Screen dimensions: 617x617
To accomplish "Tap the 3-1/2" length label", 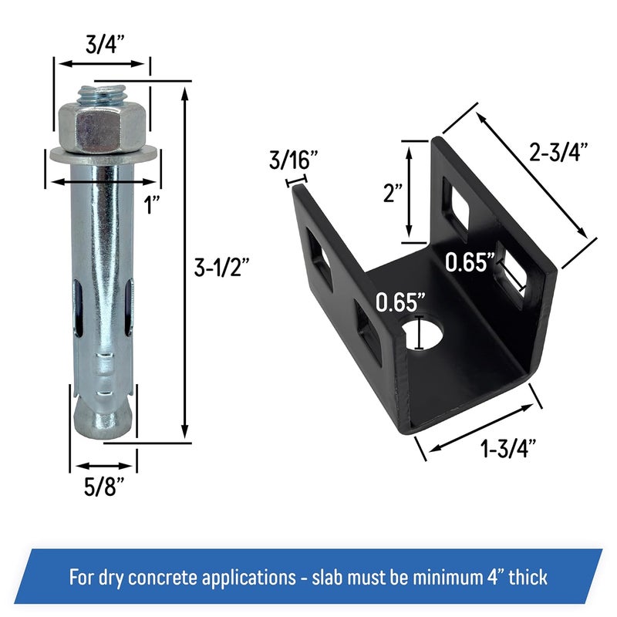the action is (222, 267).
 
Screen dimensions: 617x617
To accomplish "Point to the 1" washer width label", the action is (152, 205).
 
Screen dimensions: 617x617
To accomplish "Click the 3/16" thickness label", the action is (294, 160).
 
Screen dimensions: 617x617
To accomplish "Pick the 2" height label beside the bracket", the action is (393, 193).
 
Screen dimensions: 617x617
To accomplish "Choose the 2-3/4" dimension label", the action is (558, 152).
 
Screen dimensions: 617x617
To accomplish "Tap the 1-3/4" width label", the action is (509, 448).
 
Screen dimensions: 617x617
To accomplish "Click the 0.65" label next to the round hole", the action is (400, 302).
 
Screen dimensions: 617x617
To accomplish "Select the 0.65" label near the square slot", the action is (470, 261).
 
